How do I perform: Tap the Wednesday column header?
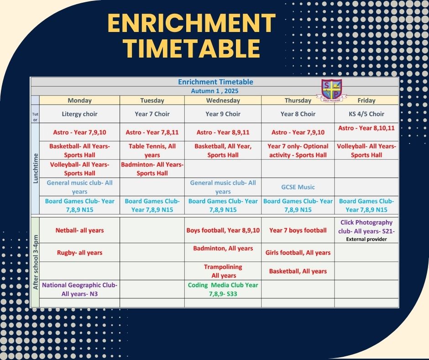(223, 100)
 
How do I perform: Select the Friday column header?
(366, 100)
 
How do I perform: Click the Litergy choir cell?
(79, 114)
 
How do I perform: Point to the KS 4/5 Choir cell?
(366, 114)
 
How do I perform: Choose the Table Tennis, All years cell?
(152, 150)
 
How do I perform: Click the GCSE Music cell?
(298, 187)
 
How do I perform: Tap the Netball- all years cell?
(79, 230)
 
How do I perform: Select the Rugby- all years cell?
(79, 253)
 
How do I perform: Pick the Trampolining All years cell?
(223, 271)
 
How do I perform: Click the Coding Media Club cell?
(223, 289)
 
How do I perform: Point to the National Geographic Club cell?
(79, 289)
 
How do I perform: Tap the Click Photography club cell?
(366, 230)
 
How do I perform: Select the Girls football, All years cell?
(298, 253)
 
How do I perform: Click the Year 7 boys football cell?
(298, 230)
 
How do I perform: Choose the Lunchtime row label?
(35, 169)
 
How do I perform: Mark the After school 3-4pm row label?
(36, 262)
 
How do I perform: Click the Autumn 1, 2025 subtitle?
(214, 91)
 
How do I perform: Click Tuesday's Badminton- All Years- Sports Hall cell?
(152, 169)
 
